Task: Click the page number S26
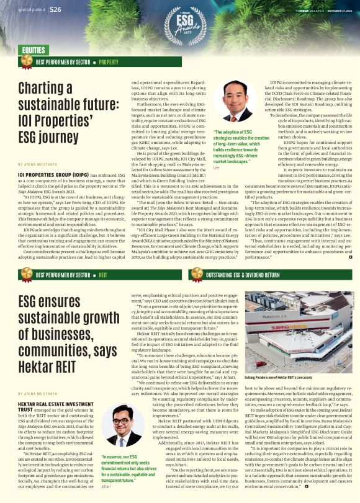(x=55, y=10)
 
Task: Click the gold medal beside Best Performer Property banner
(x=27, y=61)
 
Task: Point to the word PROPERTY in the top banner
(x=109, y=62)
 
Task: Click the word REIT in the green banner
(x=103, y=274)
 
